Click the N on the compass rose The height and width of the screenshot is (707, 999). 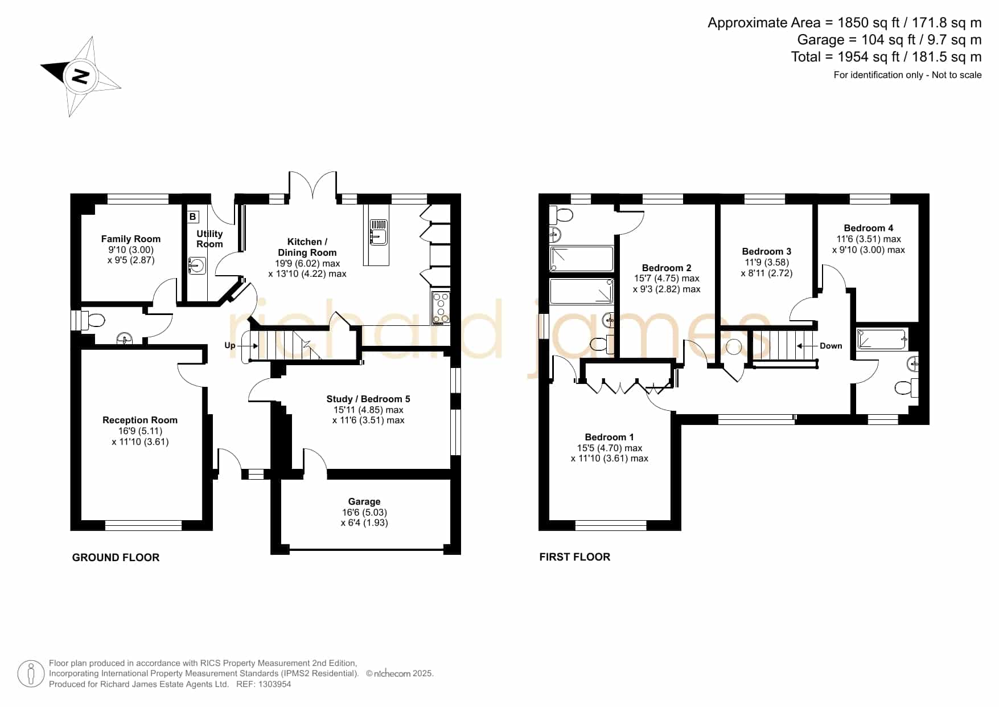[x=81, y=76]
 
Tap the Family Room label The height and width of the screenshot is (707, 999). [x=131, y=239]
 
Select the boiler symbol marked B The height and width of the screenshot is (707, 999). [x=193, y=216]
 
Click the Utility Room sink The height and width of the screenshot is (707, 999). [x=196, y=265]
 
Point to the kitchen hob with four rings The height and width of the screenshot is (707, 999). [x=441, y=308]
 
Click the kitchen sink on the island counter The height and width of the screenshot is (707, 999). [x=379, y=232]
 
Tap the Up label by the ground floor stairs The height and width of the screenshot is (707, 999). [x=230, y=345]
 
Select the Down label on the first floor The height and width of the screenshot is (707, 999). [x=831, y=346]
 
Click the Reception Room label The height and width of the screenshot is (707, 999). [x=140, y=420]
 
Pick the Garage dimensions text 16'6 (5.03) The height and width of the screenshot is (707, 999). [x=364, y=512]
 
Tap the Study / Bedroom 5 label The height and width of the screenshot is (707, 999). [x=368, y=399]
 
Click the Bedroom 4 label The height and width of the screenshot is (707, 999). [x=869, y=228]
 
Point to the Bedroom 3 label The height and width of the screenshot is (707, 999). [x=767, y=251]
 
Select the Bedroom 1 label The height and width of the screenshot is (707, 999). [x=610, y=437]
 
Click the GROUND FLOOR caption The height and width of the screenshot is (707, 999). [x=116, y=558]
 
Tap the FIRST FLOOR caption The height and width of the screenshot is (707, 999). [x=575, y=557]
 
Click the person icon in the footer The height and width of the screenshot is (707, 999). [x=31, y=674]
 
